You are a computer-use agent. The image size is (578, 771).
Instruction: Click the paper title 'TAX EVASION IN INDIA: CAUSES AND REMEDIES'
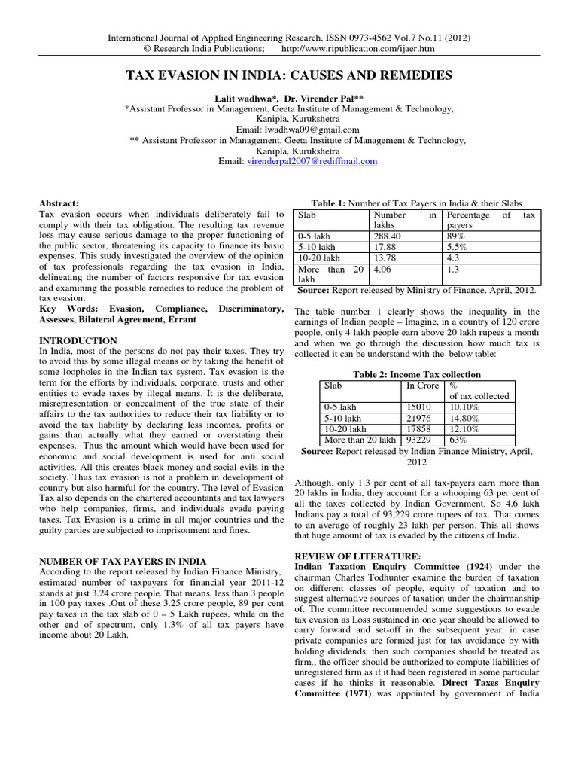click(x=289, y=75)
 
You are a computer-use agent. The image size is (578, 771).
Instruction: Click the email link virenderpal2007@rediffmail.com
click(x=312, y=161)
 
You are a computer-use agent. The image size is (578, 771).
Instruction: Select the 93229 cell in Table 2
click(x=420, y=440)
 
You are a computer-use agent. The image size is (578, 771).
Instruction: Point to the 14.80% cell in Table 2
click(x=463, y=418)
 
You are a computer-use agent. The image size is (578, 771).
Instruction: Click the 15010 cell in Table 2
click(x=420, y=407)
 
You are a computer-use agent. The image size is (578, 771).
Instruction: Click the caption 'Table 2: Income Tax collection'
click(x=416, y=374)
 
